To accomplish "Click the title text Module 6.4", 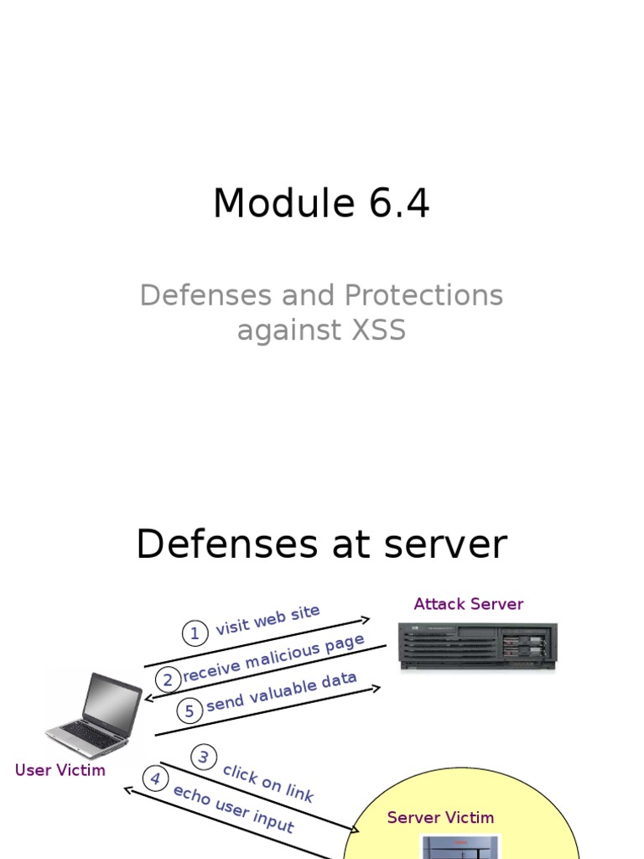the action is click(x=321, y=204).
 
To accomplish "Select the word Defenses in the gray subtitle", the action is click(x=194, y=295).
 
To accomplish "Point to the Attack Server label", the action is click(x=468, y=604).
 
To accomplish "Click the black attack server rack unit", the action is click(x=477, y=646).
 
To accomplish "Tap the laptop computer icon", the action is click(x=94, y=715).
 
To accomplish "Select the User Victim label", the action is click(x=60, y=770).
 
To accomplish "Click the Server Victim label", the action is click(x=440, y=817).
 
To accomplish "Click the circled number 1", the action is click(x=195, y=633).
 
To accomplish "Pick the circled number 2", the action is click(x=169, y=680).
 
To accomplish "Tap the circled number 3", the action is click(x=204, y=757).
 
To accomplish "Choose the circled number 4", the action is click(x=155, y=778).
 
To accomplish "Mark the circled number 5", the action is click(x=190, y=711).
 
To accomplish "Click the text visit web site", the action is click(x=267, y=620).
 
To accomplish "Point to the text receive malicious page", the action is click(x=273, y=658).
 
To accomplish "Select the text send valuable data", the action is click(x=282, y=691).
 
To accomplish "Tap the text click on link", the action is click(x=268, y=784).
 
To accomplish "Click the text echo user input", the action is click(x=233, y=809).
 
